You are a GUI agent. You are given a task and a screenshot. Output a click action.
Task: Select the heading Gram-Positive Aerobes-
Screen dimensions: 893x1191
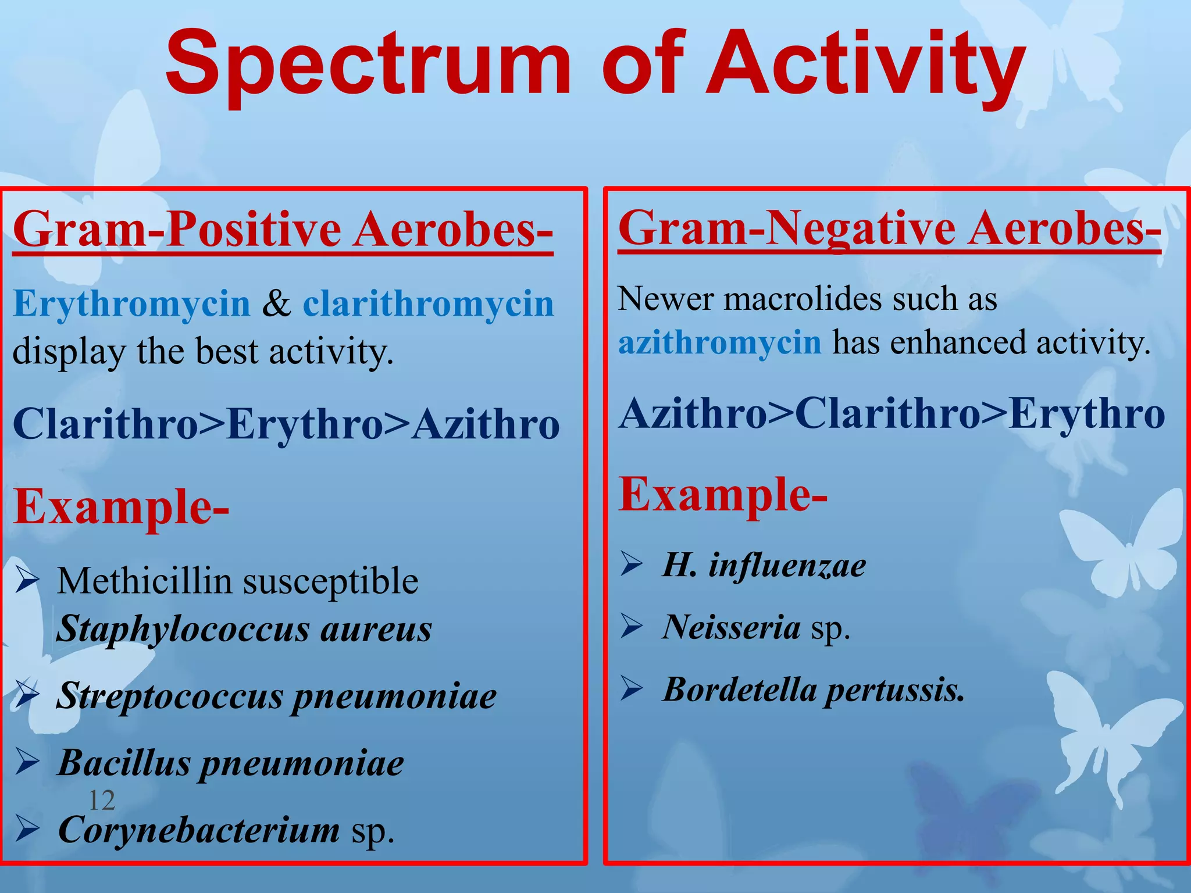click(x=283, y=229)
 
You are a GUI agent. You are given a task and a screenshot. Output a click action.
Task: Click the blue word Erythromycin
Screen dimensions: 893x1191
click(x=131, y=305)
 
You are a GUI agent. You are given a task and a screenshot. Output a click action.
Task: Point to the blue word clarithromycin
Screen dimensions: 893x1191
click(x=428, y=303)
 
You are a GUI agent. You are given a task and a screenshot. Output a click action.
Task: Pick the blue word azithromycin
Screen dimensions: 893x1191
click(x=720, y=342)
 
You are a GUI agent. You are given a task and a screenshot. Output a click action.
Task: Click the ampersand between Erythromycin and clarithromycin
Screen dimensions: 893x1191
click(x=276, y=303)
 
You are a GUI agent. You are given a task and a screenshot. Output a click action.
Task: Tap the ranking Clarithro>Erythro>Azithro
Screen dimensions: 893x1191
click(x=286, y=424)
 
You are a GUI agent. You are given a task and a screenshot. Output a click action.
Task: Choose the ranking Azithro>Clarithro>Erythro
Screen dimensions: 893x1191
click(x=892, y=414)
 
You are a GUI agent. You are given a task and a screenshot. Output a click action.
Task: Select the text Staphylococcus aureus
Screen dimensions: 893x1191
click(x=244, y=629)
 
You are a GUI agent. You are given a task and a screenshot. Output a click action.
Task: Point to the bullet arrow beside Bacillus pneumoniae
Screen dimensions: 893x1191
click(x=27, y=762)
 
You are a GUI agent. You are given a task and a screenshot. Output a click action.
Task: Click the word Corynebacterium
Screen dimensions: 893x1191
click(x=199, y=830)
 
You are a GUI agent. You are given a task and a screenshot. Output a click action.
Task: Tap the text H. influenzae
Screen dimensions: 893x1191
click(x=764, y=565)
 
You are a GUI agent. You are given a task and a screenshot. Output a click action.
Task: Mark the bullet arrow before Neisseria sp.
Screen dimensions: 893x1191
click(x=632, y=627)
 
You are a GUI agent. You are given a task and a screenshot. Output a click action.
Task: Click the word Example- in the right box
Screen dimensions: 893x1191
click(x=722, y=495)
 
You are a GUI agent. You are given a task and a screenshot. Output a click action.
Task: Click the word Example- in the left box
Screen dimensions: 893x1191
click(x=121, y=507)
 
